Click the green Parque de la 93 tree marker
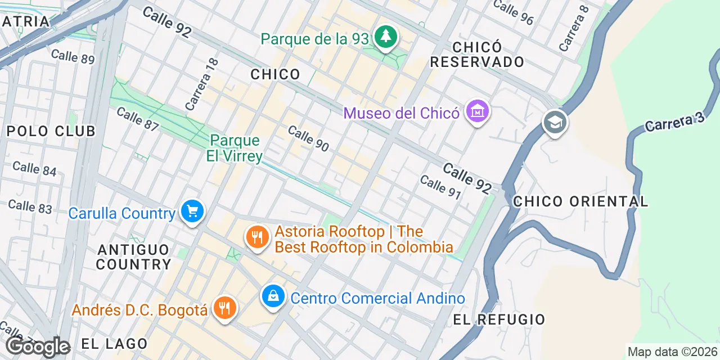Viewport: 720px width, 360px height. (385, 37)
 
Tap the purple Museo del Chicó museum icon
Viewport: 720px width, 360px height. (477, 111)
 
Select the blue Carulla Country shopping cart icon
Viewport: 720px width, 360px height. (192, 212)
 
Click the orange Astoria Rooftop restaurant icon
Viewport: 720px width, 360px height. (258, 237)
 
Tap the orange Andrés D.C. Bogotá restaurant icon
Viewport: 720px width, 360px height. (225, 308)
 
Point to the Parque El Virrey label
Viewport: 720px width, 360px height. (235, 148)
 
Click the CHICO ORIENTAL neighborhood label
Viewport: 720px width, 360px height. (580, 201)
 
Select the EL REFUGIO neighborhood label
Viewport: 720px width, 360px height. (499, 319)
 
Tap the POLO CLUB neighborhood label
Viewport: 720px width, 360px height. (51, 131)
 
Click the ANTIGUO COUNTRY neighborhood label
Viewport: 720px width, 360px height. (133, 256)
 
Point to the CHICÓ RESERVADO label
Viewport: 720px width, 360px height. (477, 55)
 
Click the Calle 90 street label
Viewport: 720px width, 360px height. (308, 138)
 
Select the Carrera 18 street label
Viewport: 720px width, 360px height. (201, 84)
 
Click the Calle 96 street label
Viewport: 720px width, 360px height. (512, 12)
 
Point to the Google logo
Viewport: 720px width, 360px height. (38, 346)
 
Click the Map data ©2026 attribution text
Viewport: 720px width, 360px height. (672, 352)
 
